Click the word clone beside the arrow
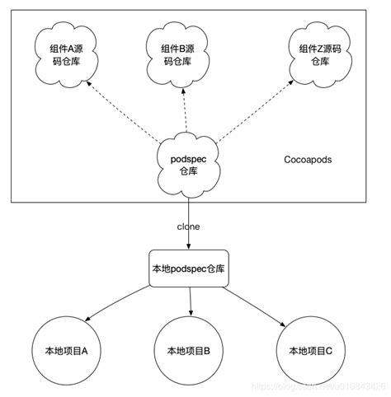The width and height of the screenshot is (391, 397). tap(189, 225)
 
